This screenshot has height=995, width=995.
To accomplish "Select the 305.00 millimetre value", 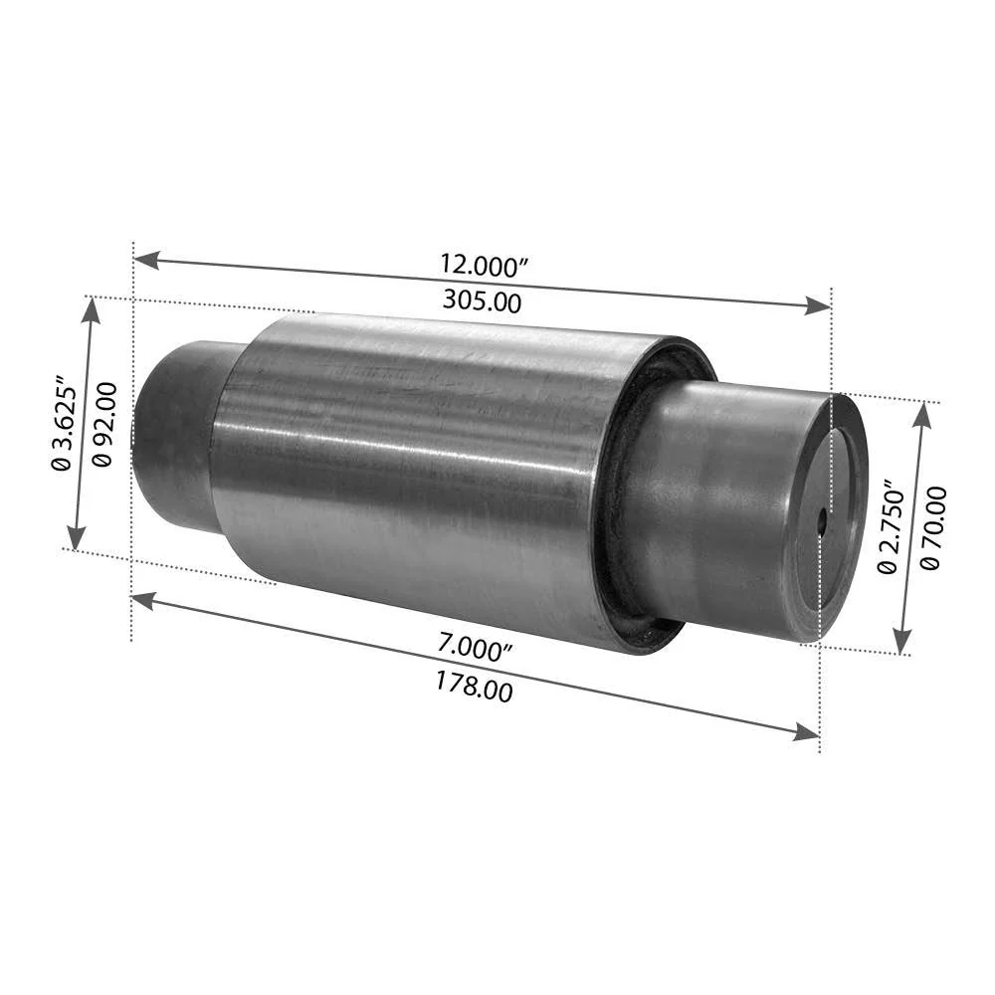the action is coord(483,300).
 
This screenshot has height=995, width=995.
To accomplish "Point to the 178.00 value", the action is coord(474,687).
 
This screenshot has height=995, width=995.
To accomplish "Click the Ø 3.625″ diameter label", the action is coord(63,426).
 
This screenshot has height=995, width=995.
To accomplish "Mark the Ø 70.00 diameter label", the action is coord(931,528).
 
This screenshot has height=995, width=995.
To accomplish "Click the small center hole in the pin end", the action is coord(822,521).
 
